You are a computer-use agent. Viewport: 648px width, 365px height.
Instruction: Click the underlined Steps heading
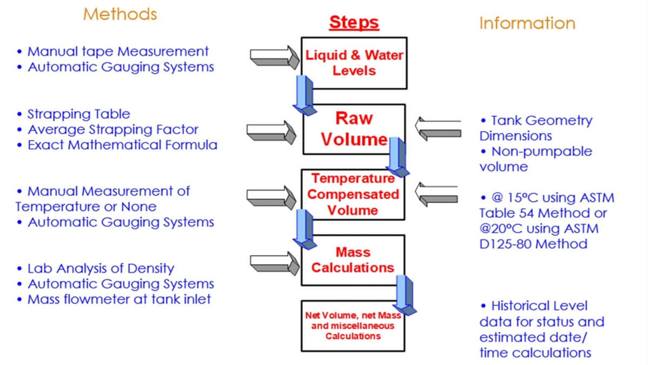tap(354, 22)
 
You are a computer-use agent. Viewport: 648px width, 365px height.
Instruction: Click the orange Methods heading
tap(120, 14)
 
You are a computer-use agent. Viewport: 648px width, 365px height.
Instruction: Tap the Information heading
tap(527, 23)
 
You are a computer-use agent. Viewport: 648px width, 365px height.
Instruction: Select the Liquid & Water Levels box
tap(354, 63)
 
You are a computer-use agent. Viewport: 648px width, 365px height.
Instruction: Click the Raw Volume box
tap(354, 129)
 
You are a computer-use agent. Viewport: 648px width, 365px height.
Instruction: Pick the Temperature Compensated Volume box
tap(353, 195)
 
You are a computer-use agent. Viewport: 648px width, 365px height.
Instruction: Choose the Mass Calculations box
tap(353, 260)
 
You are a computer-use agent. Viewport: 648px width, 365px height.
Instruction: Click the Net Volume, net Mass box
tap(353, 326)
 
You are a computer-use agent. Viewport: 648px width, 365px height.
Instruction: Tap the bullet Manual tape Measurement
tap(118, 51)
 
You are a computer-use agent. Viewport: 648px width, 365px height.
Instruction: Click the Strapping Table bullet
tap(78, 114)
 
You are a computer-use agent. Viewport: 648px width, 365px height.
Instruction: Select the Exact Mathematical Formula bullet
tap(122, 145)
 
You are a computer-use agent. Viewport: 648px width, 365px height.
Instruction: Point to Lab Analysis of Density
tap(101, 268)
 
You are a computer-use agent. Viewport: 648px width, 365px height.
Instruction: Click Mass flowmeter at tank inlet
tap(119, 299)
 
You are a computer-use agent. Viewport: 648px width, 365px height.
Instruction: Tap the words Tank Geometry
tap(541, 120)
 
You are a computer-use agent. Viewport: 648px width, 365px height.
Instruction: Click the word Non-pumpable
tap(541, 151)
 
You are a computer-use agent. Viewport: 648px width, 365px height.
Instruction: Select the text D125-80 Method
tap(533, 244)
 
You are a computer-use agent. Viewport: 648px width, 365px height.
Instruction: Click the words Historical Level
tap(539, 306)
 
